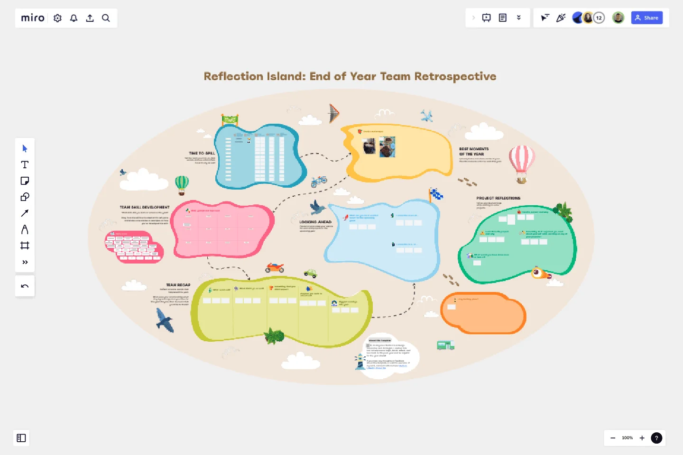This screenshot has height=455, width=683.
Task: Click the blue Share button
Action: coord(646,18)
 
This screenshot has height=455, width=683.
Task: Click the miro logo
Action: coord(33,18)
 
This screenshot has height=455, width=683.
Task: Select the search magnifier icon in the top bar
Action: coord(106,18)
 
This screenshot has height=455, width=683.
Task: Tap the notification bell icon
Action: coord(74,18)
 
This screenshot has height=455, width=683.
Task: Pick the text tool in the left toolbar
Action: coord(25,164)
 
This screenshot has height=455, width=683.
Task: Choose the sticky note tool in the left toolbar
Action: coord(25,181)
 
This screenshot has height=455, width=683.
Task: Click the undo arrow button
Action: coord(25,286)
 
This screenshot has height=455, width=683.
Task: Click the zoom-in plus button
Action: coord(642,438)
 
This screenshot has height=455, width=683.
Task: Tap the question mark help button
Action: coord(656,438)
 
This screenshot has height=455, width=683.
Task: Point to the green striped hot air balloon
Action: coord(182,184)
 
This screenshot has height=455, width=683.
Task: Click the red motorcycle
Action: coord(275,268)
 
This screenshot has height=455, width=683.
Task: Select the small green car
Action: coord(310,273)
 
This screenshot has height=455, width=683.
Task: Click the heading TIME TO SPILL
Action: coord(202,153)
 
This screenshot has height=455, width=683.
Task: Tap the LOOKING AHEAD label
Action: coord(315,222)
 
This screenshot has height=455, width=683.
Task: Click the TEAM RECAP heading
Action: coord(178,285)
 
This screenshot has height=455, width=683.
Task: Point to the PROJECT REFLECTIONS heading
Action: coord(498,198)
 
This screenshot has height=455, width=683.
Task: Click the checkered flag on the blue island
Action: coord(436,194)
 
